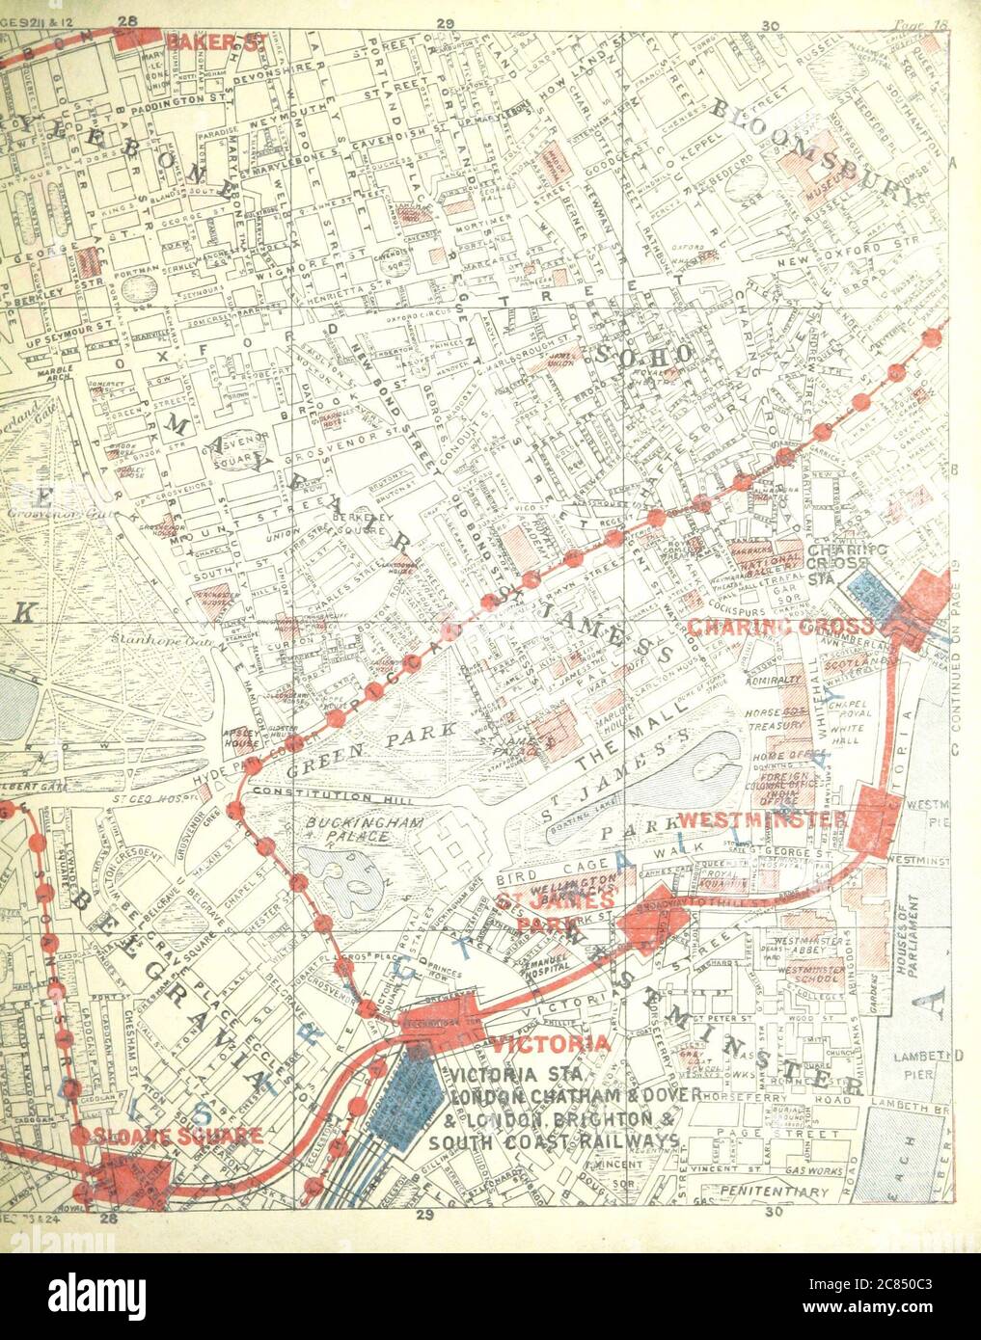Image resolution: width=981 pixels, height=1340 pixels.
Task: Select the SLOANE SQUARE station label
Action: [171, 1136]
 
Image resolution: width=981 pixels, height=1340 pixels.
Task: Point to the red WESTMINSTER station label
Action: [762, 818]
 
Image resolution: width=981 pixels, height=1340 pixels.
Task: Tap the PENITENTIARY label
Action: [779, 1193]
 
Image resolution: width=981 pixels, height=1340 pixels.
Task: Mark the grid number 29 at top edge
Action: [445, 20]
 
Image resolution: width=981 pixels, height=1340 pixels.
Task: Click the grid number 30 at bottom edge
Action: [771, 1214]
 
